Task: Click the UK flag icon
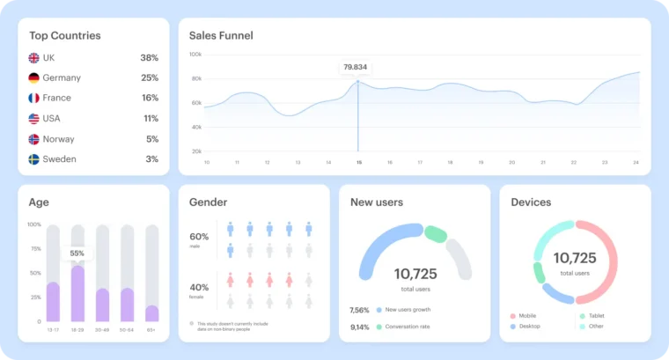tap(34, 57)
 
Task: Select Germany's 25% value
tap(150, 77)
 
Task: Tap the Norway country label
tap(58, 139)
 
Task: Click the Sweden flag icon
tap(34, 159)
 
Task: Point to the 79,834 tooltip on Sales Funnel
tap(356, 67)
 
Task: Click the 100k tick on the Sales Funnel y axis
tap(195, 55)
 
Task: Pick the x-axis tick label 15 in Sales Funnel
tap(358, 162)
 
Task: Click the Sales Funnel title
tap(221, 35)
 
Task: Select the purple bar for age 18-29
tap(77, 294)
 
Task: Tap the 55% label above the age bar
tap(77, 253)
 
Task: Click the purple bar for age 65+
tap(152, 313)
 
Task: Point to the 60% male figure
tap(199, 236)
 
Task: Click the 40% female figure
tap(199, 287)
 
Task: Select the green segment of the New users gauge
tap(436, 234)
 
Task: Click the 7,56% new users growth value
tap(360, 310)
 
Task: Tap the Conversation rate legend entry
tap(406, 327)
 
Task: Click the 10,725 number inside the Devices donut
tap(575, 258)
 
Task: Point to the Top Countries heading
tap(65, 35)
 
